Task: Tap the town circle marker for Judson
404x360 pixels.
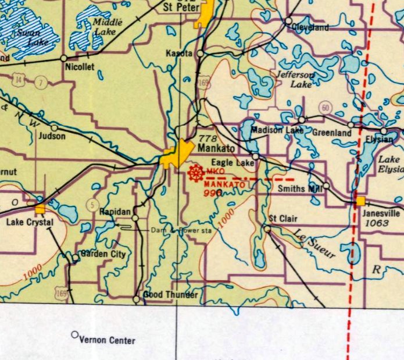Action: coord(54,127)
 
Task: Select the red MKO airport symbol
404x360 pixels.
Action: coord(196,173)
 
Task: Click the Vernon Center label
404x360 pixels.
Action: coord(107,340)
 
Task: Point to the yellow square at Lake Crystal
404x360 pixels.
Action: coord(40,209)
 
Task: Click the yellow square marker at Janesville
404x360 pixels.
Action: coord(360,201)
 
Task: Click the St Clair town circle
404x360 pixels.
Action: coord(267,229)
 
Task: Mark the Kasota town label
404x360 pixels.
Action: coord(180,53)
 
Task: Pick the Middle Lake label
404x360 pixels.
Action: coord(103,27)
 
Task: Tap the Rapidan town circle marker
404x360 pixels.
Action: coord(135,218)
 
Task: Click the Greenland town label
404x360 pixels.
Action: coord(332,133)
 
